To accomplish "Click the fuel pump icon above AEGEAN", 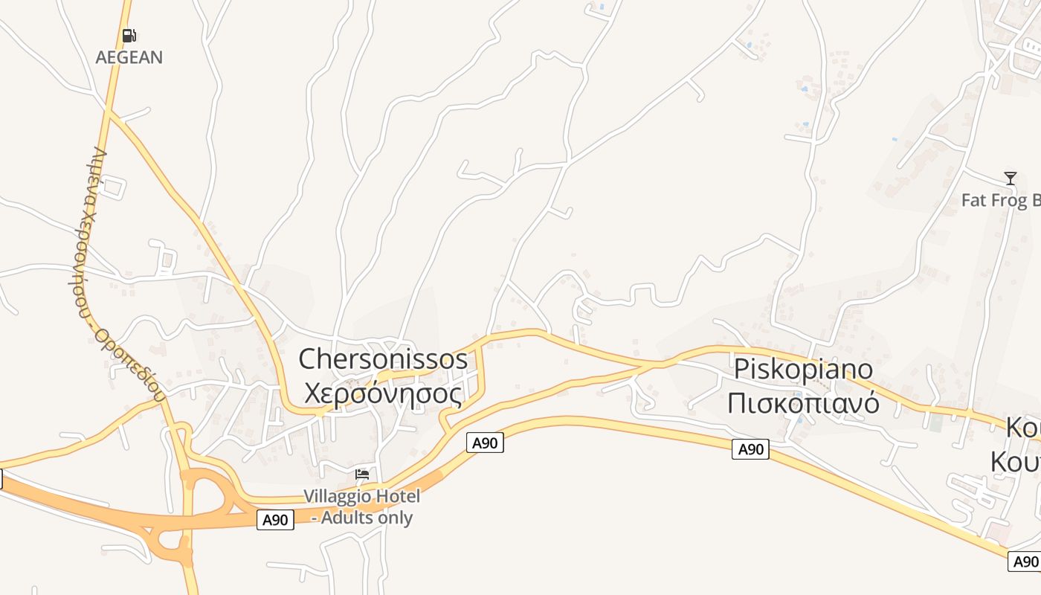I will (x=129, y=35).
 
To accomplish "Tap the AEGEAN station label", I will (x=129, y=57).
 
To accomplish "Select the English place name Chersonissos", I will (x=383, y=359).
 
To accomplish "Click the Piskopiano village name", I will (x=804, y=369).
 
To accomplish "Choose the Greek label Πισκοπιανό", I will (x=804, y=403).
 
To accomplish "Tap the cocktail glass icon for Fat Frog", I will (x=1011, y=178).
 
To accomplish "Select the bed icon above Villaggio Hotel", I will (x=362, y=474).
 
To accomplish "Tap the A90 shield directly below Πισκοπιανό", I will (x=750, y=449).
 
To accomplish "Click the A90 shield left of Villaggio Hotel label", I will (x=275, y=520).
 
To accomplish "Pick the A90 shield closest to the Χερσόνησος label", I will (x=485, y=443).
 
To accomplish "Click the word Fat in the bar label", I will (x=973, y=200).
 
